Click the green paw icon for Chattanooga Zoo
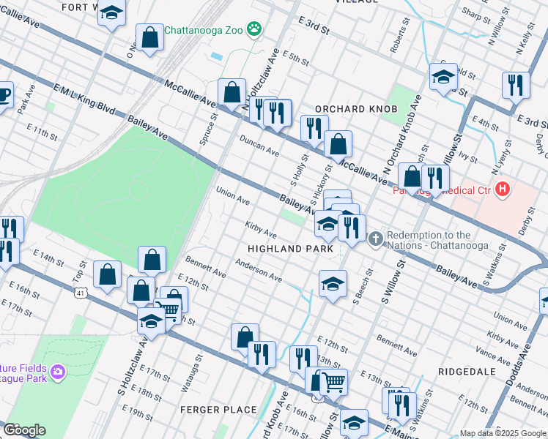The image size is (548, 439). tap(254, 29)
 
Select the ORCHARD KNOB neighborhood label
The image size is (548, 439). tap(355, 109)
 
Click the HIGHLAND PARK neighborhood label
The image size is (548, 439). tap(291, 249)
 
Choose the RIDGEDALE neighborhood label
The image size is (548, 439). tap(467, 372)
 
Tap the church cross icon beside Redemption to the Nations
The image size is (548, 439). tap(376, 239)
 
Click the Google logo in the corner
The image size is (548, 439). tap(23, 430)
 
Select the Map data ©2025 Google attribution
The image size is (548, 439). tap(503, 433)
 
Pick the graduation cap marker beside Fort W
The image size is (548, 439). tap(111, 13)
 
